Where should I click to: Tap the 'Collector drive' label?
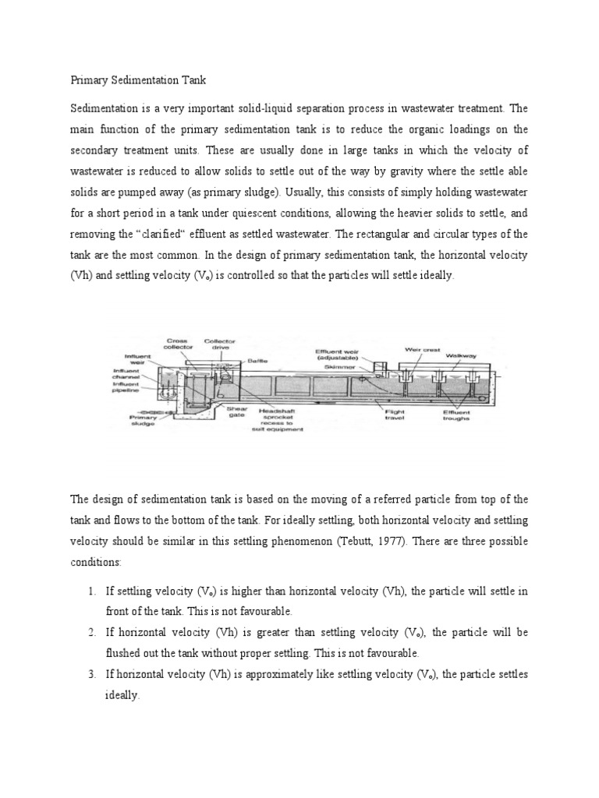(219, 344)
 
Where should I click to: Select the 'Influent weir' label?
(137, 359)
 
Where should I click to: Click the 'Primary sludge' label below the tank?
(143, 421)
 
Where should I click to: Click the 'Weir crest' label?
(422, 350)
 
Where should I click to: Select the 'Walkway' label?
(467, 355)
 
